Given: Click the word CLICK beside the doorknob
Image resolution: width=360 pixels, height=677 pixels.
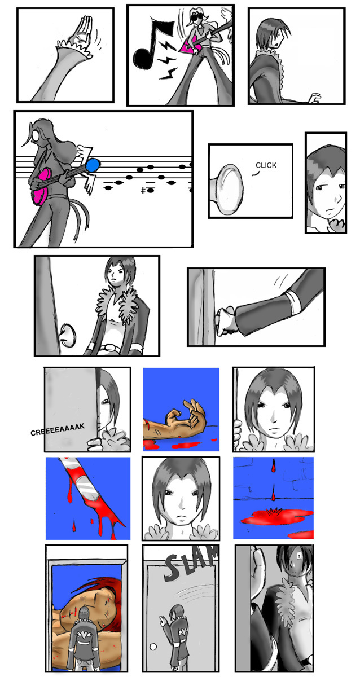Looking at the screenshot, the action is pos(266,165).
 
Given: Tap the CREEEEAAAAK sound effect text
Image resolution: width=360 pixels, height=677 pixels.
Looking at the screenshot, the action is pos(58,429).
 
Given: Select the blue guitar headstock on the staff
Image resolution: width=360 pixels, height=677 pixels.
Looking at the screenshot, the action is pos(93,165).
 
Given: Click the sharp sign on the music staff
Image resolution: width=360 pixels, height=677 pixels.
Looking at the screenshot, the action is pos(143,191).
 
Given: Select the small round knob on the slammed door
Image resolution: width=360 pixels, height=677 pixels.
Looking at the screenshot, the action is pos(153,647).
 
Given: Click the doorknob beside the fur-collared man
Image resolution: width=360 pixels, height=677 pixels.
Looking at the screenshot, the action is pos(68,335).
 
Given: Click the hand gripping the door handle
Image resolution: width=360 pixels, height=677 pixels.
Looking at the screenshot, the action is pos(226,321).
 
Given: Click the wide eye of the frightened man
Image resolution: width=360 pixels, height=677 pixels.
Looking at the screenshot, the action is pos(299,556).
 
